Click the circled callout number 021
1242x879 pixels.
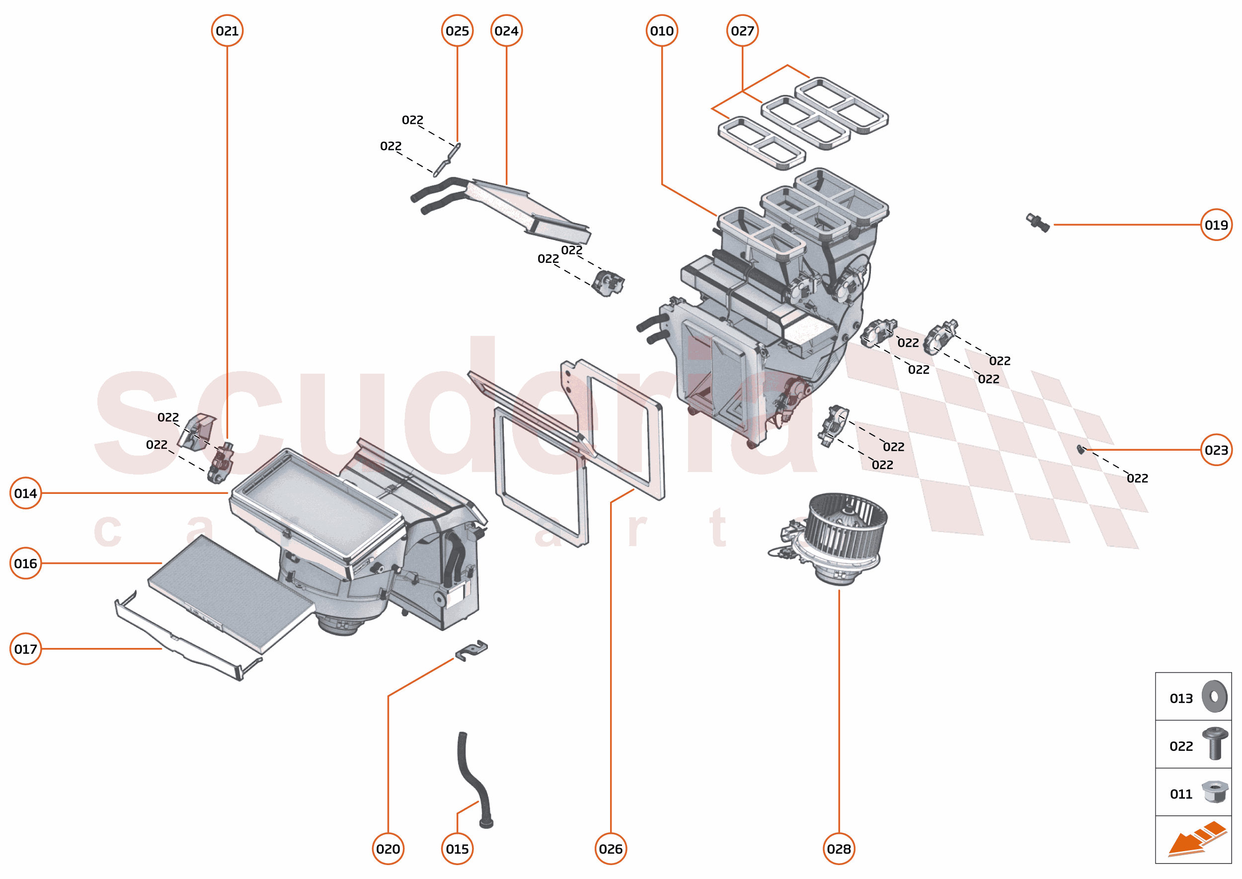click(227, 31)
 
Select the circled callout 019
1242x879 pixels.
click(1216, 225)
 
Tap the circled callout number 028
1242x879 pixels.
click(838, 849)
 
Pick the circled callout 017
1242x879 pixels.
click(25, 648)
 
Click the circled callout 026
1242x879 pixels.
click(611, 849)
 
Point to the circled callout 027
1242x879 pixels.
click(742, 31)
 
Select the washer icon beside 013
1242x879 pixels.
click(1214, 697)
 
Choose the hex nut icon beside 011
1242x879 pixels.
click(1214, 792)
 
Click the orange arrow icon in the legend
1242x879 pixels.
click(1196, 839)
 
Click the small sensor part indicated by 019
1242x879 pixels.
click(1037, 222)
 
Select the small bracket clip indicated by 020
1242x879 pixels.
click(471, 651)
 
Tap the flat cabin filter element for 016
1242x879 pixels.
click(230, 593)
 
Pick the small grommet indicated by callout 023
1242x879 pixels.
click(1080, 449)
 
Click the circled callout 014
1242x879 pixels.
click(25, 493)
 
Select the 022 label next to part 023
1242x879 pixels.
click(1137, 479)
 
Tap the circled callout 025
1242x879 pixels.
click(457, 31)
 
